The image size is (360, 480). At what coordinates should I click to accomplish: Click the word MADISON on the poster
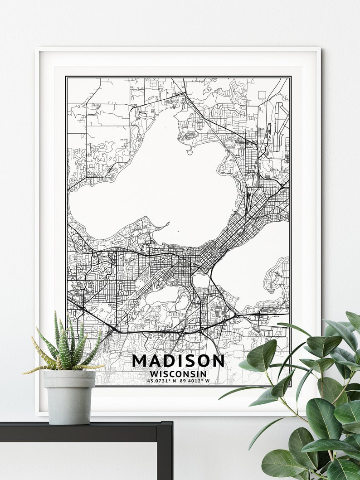(x=178, y=361)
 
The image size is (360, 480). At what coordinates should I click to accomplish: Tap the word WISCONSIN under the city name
(x=178, y=374)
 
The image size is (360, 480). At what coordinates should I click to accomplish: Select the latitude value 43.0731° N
(x=161, y=381)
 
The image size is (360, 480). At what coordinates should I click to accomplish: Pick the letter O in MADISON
(x=204, y=361)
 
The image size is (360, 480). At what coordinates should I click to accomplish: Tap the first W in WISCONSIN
(x=153, y=374)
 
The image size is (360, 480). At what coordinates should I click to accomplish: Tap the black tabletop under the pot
(x=82, y=431)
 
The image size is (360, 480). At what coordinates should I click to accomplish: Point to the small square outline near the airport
(x=262, y=94)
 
